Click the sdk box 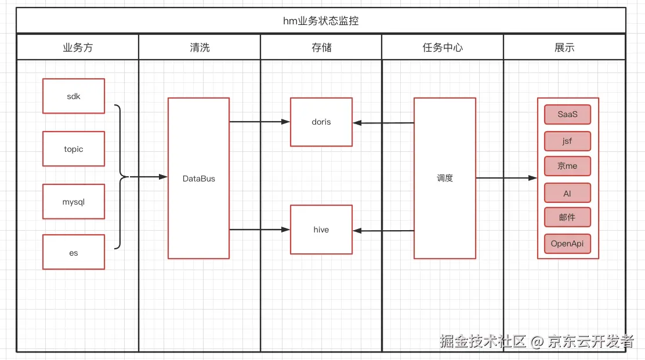[74, 96]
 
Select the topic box [74, 149]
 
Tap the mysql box [74, 202]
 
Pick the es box [74, 252]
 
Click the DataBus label [199, 179]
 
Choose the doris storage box [321, 122]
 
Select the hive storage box [321, 230]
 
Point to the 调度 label [445, 179]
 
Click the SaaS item [567, 114]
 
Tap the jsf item [567, 141]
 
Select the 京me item [567, 166]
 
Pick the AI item [567, 193]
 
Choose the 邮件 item [567, 217]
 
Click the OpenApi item [567, 243]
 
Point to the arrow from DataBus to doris [259, 122]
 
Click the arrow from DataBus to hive [259, 230]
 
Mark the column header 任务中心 [443, 48]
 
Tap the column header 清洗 [200, 48]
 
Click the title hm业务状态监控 [321, 21]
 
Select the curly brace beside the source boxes [121, 177]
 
